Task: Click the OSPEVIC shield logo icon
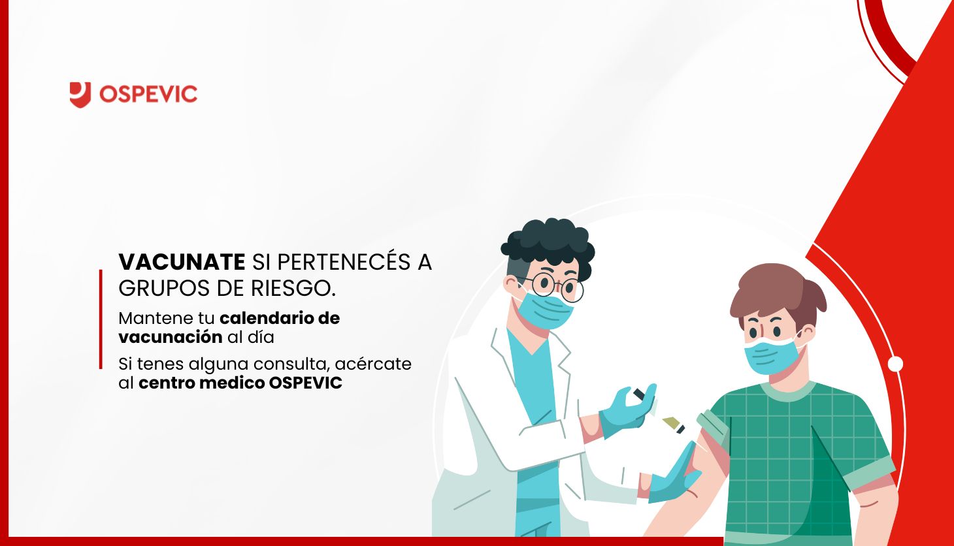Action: (x=80, y=95)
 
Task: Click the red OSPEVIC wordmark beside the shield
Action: (x=148, y=94)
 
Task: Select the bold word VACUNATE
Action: (x=182, y=262)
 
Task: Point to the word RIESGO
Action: (x=293, y=288)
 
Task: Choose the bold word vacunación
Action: (x=171, y=337)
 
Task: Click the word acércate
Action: (x=374, y=364)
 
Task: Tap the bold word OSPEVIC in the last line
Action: (x=305, y=383)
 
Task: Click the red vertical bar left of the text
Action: (x=101, y=319)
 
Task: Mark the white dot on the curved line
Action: (x=895, y=364)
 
